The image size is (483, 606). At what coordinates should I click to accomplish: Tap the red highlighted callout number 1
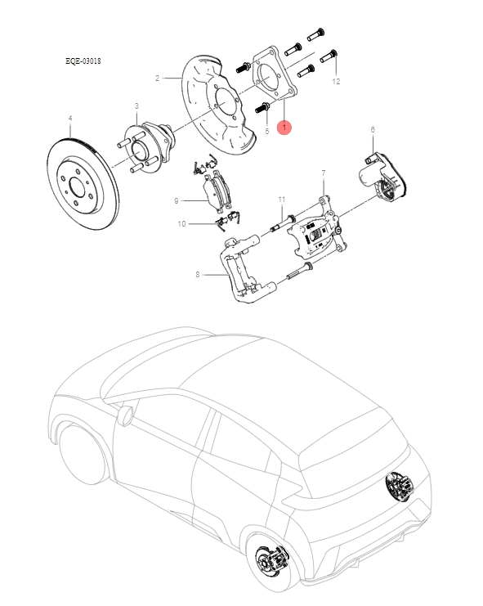pyautogui.click(x=284, y=128)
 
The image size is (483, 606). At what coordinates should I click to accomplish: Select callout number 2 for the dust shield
pyautogui.click(x=156, y=79)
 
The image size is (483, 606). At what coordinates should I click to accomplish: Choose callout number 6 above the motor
pyautogui.click(x=372, y=129)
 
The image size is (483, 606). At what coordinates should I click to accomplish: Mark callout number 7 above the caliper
pyautogui.click(x=323, y=173)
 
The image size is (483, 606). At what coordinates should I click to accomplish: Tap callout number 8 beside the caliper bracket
pyautogui.click(x=197, y=275)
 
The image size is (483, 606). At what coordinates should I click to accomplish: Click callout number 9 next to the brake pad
pyautogui.click(x=176, y=200)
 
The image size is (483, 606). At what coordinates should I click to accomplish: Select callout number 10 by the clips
pyautogui.click(x=181, y=223)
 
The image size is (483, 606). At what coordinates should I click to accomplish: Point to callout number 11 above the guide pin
pyautogui.click(x=280, y=200)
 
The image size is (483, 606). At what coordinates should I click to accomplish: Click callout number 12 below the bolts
pyautogui.click(x=336, y=82)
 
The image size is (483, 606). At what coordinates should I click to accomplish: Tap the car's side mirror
pyautogui.click(x=124, y=415)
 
